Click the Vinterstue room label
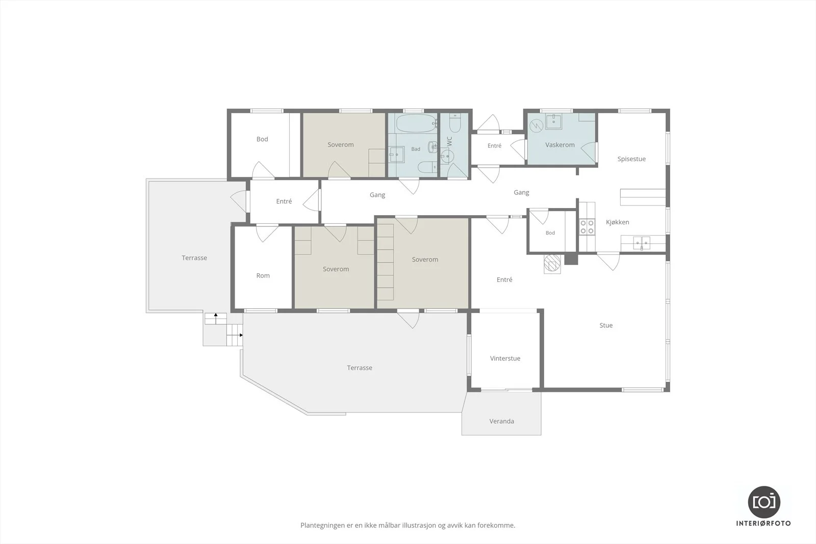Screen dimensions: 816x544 pos(505,358)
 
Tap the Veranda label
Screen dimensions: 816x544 pos(502,421)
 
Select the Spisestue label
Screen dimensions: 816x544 pos(631,159)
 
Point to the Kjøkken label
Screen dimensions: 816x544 pos(618,222)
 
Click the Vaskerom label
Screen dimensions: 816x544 pos(560,145)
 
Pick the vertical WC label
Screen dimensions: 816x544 pos(449,141)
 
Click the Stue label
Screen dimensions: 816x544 pos(606,325)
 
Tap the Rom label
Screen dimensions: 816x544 pos(263,276)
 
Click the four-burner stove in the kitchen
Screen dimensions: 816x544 pos(587,226)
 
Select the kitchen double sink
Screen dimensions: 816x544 pos(641,243)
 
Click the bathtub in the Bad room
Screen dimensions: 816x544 pos(416,123)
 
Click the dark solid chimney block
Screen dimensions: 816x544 pos(571,258)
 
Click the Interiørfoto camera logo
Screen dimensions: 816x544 pos(764,502)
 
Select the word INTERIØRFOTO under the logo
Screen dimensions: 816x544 pos(763,523)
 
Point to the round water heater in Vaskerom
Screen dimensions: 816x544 pos(537,126)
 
